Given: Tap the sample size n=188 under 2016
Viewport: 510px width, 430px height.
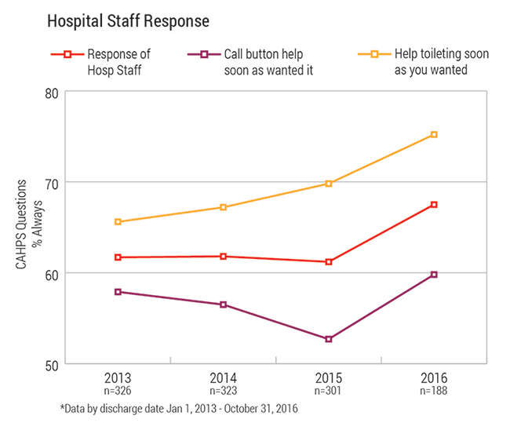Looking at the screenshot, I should [x=434, y=388].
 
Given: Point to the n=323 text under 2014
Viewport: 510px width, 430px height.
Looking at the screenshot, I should [x=224, y=388].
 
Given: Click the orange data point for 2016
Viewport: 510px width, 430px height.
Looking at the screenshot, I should [x=434, y=135].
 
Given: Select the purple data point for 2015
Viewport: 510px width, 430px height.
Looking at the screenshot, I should [x=329, y=339].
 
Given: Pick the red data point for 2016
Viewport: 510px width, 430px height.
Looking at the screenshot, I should [x=434, y=205].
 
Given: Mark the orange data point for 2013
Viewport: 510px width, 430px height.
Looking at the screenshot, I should [x=118, y=222].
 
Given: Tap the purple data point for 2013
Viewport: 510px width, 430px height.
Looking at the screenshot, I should [x=118, y=292].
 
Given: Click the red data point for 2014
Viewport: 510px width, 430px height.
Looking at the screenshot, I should [x=224, y=257].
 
